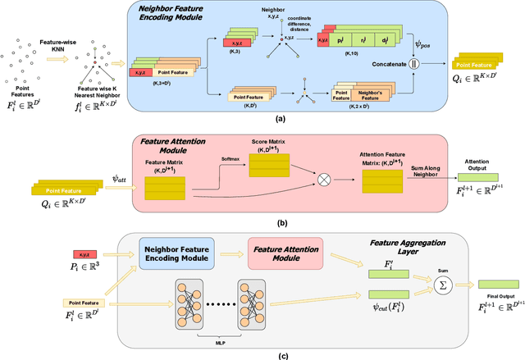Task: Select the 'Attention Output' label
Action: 477,163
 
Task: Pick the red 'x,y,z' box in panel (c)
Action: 85,255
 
